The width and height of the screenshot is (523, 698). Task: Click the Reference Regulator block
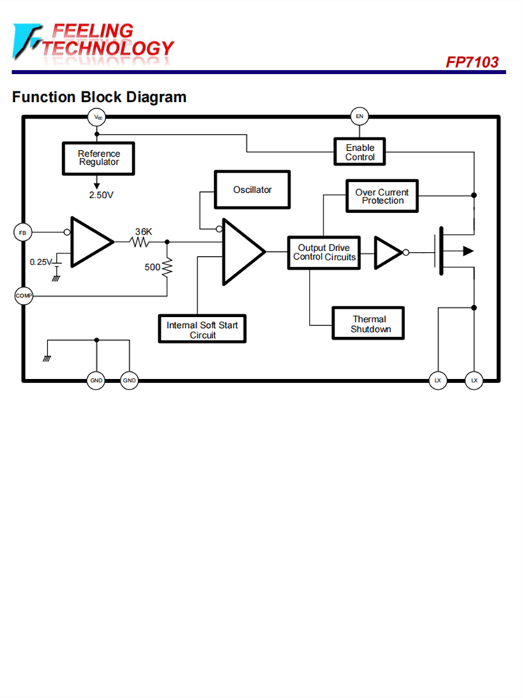pos(98,158)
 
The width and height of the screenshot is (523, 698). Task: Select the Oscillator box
pos(252,190)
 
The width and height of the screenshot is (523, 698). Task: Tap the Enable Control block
pos(360,152)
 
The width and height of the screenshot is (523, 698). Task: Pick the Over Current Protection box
pos(382,196)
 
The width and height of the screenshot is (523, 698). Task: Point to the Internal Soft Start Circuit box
pos(202,329)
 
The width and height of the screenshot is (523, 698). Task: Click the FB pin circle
pos(22,232)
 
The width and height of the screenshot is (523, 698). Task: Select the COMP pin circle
pos(23,296)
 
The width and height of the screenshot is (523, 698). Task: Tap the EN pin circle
pos(360,116)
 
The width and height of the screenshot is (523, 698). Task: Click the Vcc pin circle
pos(98,117)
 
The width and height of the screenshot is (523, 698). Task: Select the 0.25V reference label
pos(40,262)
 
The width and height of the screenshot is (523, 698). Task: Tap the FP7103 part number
pos(472,62)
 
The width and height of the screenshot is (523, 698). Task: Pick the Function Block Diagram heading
pos(99,97)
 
